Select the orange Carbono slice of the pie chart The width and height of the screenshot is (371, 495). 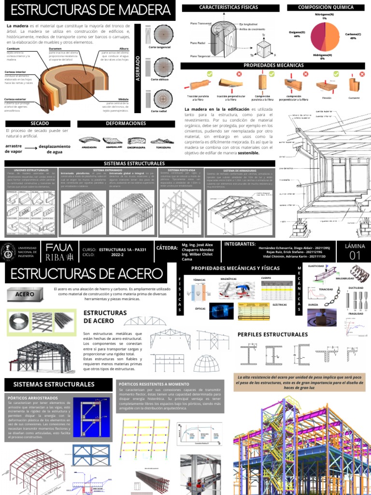click(333, 36)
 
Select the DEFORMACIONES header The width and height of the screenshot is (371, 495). click(126, 124)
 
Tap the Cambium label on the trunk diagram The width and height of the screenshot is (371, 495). click(13, 49)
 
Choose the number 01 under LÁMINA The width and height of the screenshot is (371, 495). click(355, 256)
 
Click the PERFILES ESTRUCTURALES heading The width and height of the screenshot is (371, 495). click(272, 335)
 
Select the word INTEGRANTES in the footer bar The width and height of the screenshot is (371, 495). click(240, 244)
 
